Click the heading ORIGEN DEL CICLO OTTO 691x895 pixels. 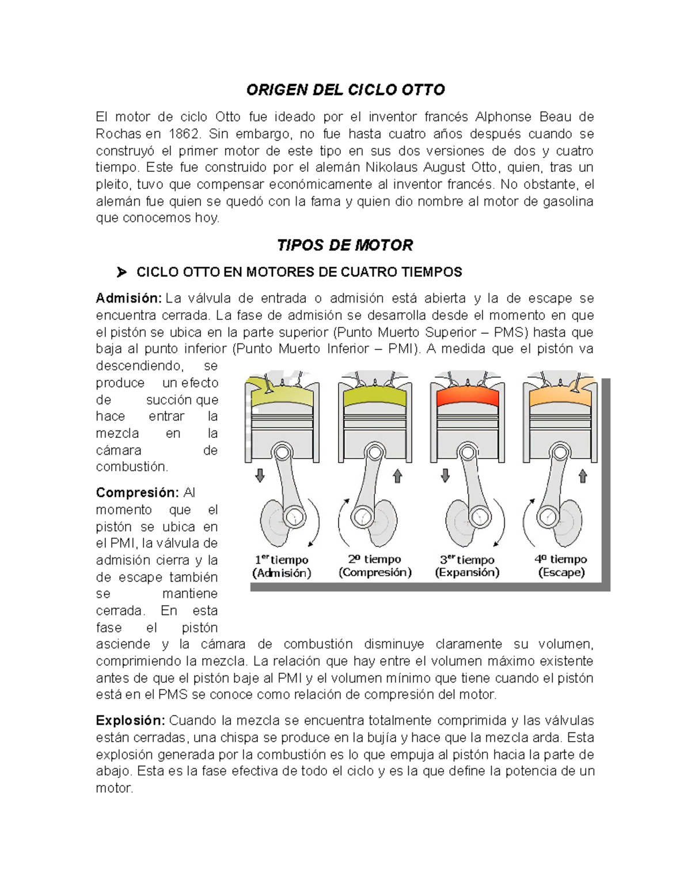click(345, 90)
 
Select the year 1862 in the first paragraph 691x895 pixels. click(185, 134)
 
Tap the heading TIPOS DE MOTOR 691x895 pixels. click(345, 246)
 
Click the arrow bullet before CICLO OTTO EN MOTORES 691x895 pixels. click(120, 272)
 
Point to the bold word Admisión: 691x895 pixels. click(129, 299)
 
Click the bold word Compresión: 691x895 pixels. click(138, 493)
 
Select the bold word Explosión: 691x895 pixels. click(131, 721)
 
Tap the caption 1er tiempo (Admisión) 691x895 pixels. click(282, 566)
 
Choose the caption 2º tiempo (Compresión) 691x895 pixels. click(375, 565)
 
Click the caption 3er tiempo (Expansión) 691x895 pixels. click(467, 566)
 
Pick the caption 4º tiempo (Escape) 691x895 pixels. click(561, 565)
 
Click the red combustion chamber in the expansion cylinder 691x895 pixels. click(466, 397)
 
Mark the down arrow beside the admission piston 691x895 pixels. click(260, 475)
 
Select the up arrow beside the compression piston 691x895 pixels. click(397, 476)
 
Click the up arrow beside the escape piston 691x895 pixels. click(583, 476)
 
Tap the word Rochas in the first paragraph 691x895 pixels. click(119, 134)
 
